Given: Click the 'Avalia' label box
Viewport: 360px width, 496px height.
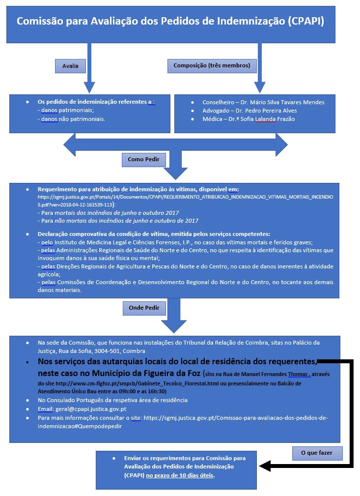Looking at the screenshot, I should coord(70,65).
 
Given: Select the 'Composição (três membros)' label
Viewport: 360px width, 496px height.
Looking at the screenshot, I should coord(212,65).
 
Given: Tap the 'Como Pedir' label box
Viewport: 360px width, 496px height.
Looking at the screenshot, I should coord(143,160).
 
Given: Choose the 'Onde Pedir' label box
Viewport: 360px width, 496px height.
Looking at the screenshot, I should coord(144,308).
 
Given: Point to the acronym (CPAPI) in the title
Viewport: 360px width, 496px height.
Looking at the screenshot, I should coord(305,22).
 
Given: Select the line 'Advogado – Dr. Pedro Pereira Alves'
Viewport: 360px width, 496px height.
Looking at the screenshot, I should coord(249,111).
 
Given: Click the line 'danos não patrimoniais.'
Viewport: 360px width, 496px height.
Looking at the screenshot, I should coord(73,119).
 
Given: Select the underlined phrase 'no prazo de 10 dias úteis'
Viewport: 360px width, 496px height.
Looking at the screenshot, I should coord(180,475).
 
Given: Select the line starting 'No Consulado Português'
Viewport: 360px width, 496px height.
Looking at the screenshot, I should coord(112,400).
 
